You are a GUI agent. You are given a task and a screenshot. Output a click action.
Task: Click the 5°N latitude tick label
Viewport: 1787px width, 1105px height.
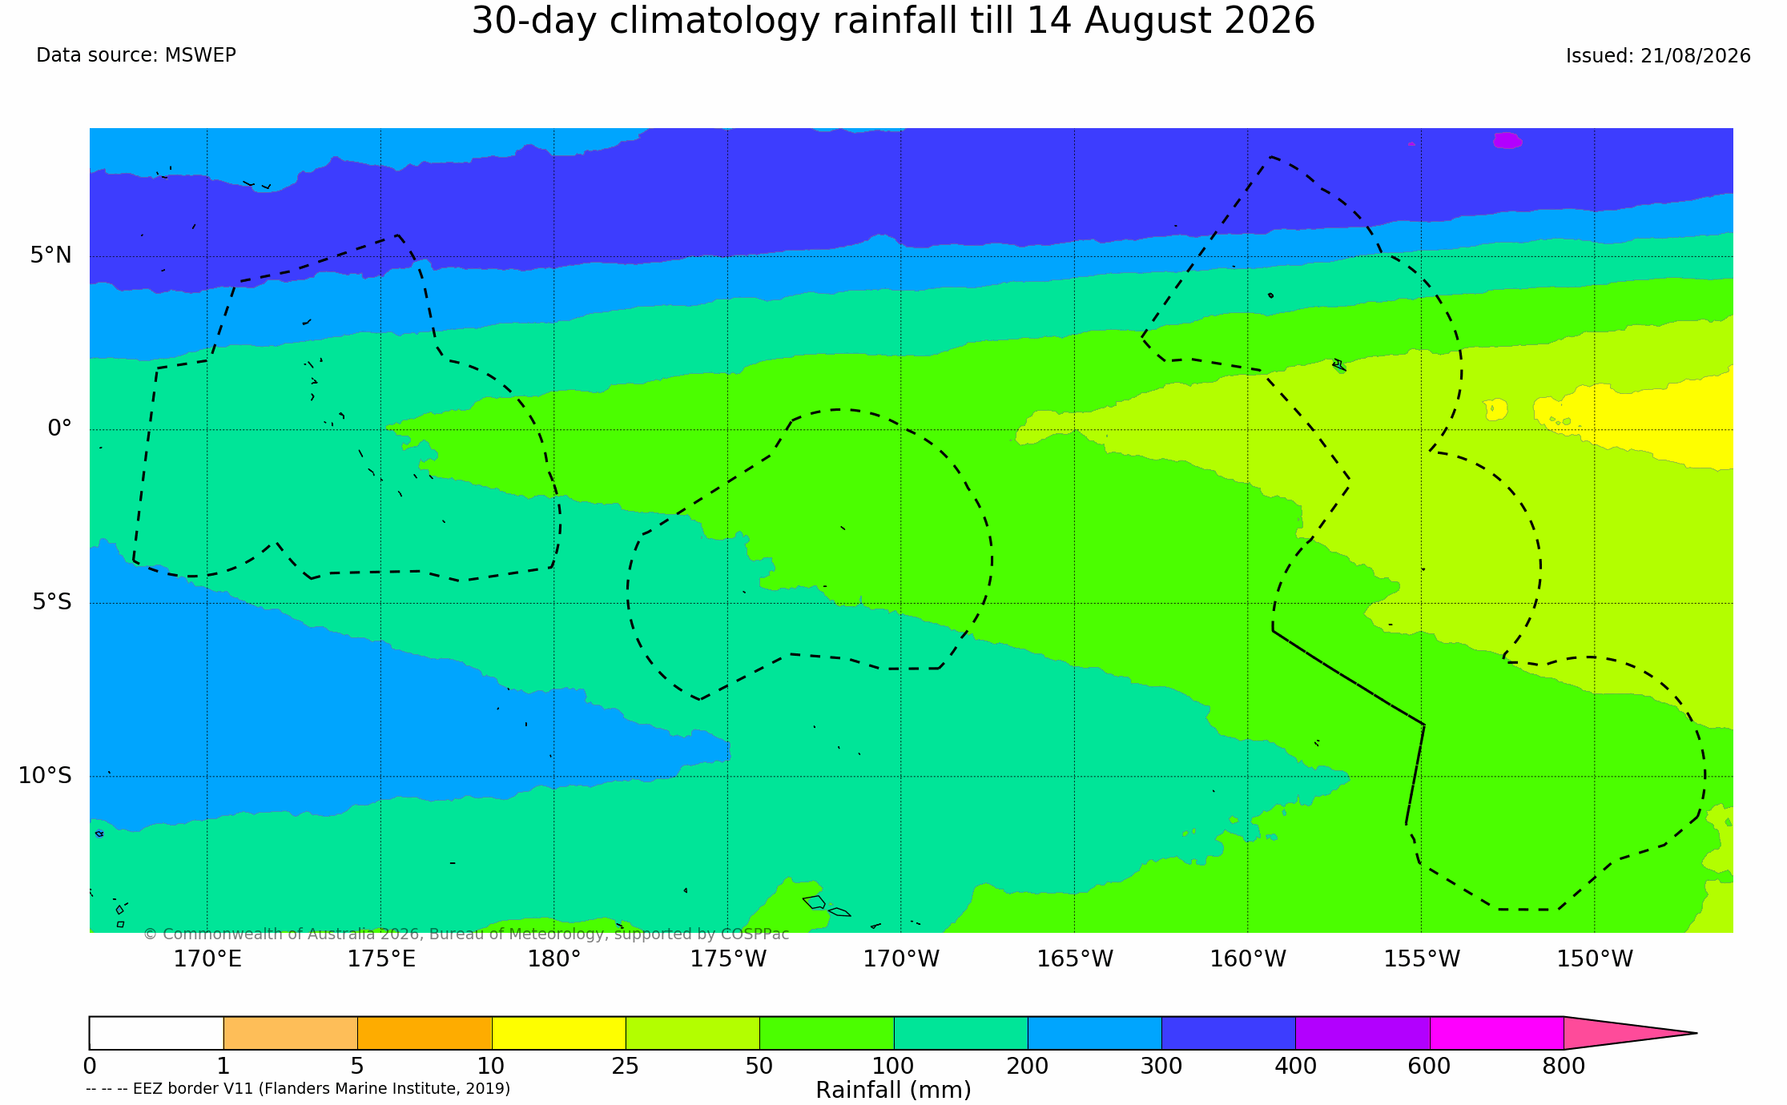pyautogui.click(x=51, y=255)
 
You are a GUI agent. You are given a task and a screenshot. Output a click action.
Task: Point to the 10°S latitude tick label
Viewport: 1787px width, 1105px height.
pyautogui.click(x=45, y=776)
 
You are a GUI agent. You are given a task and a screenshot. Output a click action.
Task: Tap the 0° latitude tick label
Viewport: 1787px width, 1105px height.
pyautogui.click(x=60, y=428)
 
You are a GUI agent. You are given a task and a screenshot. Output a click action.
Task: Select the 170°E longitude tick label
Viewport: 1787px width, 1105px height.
pyautogui.click(x=207, y=958)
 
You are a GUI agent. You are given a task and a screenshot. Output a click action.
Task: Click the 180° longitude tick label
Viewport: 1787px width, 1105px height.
pyautogui.click(x=553, y=958)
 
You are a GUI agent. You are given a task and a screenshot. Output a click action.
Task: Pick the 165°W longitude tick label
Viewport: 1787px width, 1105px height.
pyautogui.click(x=1075, y=958)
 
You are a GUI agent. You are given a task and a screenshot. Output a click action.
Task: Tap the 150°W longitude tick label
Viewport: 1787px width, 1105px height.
pyautogui.click(x=1595, y=958)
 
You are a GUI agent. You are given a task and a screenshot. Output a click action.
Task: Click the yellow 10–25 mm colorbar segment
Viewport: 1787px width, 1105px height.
pyautogui.click(x=558, y=1033)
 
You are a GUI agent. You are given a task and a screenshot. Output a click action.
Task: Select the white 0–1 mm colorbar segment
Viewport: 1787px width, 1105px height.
pyautogui.click(x=156, y=1033)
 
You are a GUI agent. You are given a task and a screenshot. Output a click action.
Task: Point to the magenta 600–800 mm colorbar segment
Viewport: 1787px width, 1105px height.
pyautogui.click(x=1496, y=1033)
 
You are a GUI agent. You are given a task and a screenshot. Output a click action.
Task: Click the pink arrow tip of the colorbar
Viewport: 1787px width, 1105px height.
pyautogui.click(x=1696, y=1033)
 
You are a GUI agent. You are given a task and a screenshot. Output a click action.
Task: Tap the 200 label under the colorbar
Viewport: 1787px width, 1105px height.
pyautogui.click(x=1028, y=1067)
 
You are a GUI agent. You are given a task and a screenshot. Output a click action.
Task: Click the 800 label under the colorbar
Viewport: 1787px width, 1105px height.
pyautogui.click(x=1564, y=1067)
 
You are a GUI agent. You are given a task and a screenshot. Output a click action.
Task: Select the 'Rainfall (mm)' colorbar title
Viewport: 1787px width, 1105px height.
pyautogui.click(x=893, y=1090)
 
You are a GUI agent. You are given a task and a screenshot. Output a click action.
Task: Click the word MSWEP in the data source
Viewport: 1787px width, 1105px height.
pyautogui.click(x=200, y=55)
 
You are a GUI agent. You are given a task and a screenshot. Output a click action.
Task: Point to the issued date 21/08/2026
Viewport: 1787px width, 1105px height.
pyautogui.click(x=1696, y=56)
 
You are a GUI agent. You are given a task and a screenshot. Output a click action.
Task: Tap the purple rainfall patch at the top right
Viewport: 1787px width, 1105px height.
pyautogui.click(x=1507, y=140)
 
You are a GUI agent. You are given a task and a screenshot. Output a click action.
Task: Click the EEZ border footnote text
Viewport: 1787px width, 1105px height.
pyautogui.click(x=298, y=1089)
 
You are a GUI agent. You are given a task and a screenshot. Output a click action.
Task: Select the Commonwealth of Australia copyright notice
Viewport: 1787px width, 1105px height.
pyautogui.click(x=466, y=934)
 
